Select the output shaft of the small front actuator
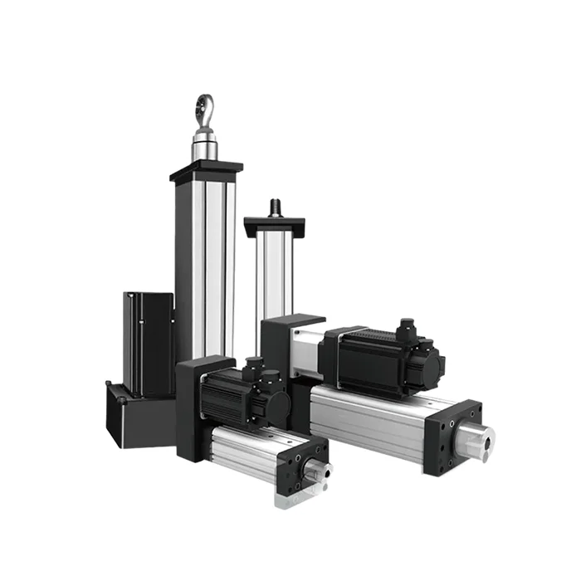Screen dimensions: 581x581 tap(316, 472)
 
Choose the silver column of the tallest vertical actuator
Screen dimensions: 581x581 tap(207, 266)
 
